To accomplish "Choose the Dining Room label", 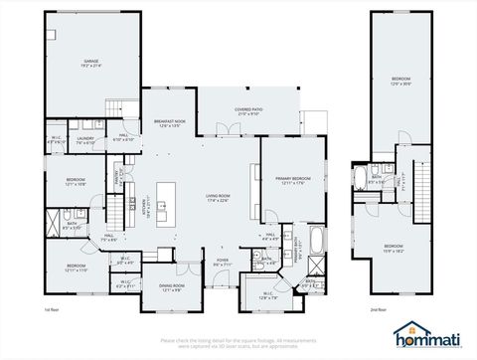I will coord(171,288).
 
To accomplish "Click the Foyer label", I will coord(224,263).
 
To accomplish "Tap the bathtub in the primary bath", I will coord(316,240).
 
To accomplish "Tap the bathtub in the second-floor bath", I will coord(359,179).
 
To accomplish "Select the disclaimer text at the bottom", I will coord(238,344).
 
